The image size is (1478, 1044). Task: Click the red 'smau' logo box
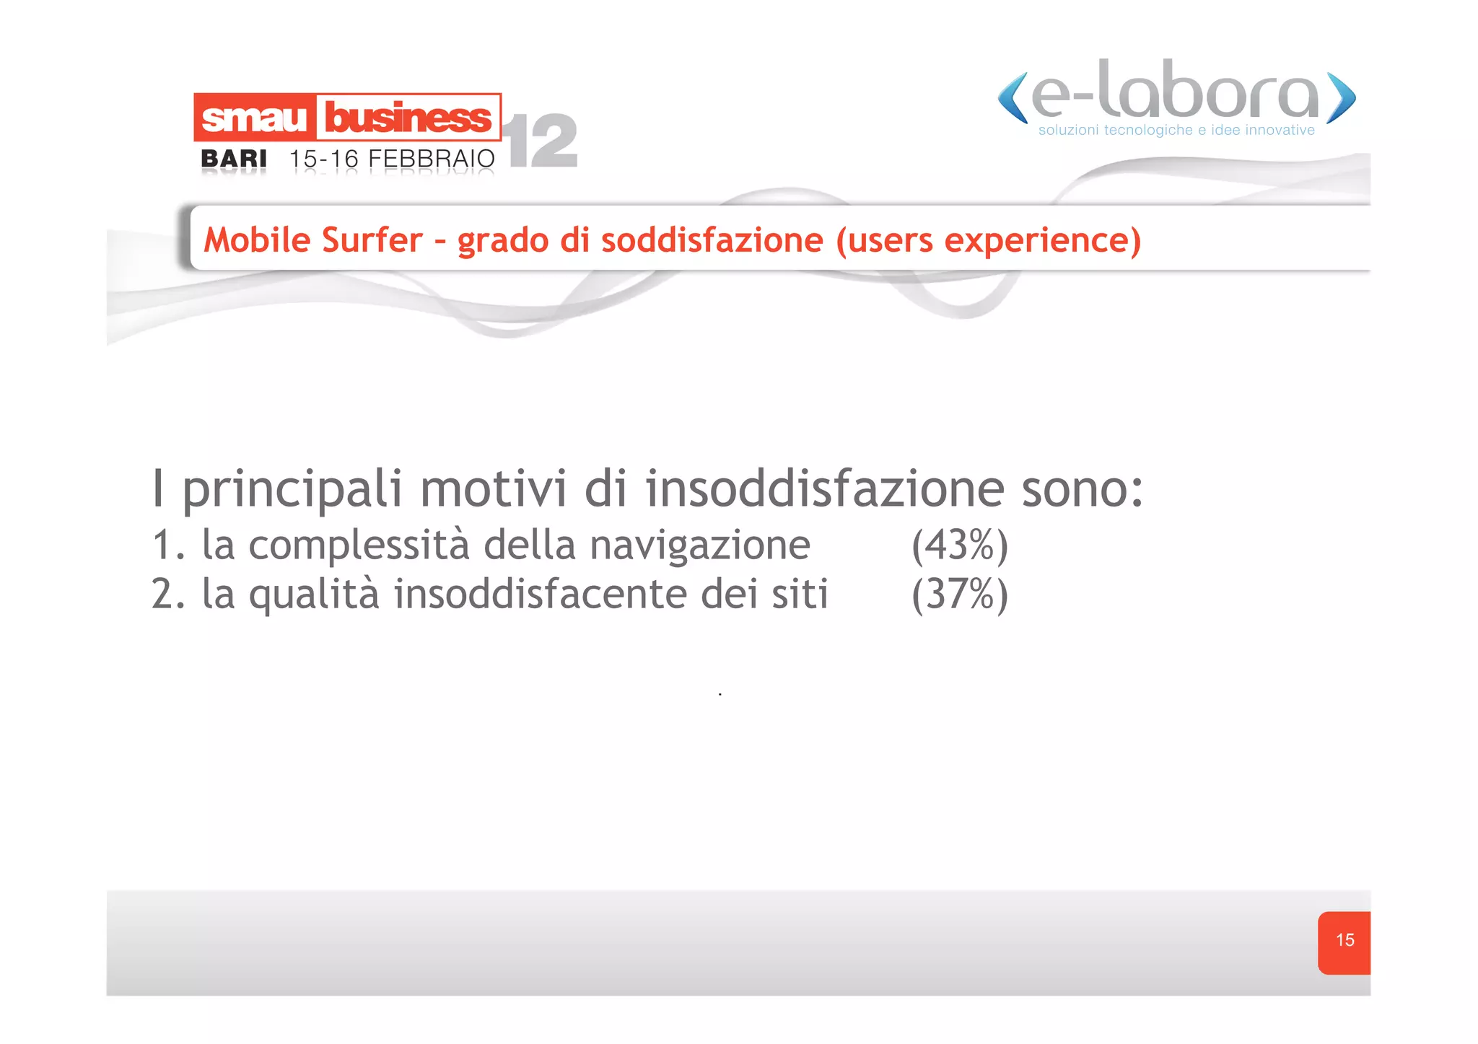click(254, 118)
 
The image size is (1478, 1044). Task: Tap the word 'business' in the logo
click(408, 118)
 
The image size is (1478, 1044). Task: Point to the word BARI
click(234, 159)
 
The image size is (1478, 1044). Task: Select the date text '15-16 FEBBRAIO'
click(392, 159)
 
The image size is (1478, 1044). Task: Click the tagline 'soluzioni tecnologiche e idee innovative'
click(1176, 131)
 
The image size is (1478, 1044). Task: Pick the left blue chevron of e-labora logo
click(1013, 97)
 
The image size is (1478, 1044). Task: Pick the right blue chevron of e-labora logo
click(1341, 97)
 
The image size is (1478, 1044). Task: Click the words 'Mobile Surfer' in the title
click(313, 240)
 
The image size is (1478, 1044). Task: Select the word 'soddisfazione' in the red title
click(712, 240)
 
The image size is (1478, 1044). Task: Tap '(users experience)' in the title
click(988, 240)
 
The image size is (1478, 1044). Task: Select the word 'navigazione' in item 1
click(699, 545)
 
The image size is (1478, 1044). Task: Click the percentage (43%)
click(959, 545)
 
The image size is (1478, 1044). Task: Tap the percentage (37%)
click(959, 595)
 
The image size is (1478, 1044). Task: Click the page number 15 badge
click(1344, 941)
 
